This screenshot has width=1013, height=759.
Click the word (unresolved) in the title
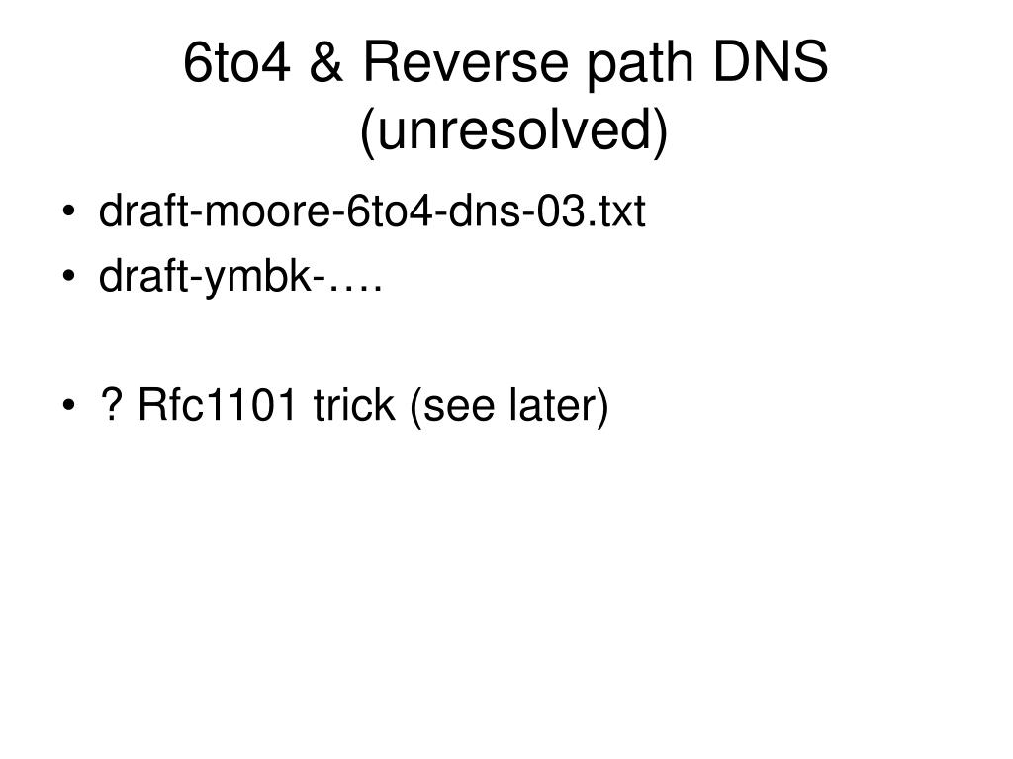513,132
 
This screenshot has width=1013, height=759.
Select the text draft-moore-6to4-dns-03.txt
371,211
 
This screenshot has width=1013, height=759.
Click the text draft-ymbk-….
240,279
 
